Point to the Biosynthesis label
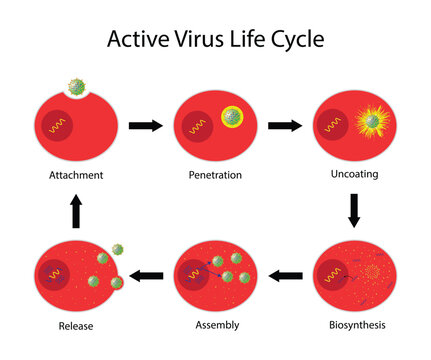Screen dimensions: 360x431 pos(357,325)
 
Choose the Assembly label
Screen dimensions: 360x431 pos(217,325)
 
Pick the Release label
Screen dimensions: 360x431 pos(77,325)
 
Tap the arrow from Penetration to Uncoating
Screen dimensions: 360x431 pos(286,125)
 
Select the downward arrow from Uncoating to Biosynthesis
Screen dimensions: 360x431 pos(354,210)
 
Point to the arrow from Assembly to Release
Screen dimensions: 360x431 pos(148,274)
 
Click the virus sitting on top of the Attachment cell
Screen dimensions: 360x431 pos(76,86)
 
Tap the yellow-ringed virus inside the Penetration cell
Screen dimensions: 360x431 pos(232,118)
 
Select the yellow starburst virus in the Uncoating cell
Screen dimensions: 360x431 pos(371,121)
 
